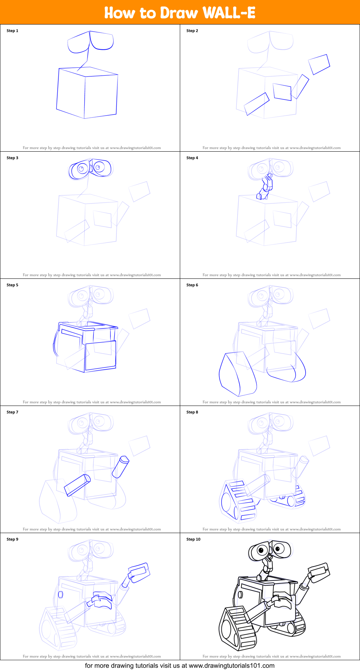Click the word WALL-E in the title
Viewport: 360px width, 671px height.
pyautogui.click(x=229, y=13)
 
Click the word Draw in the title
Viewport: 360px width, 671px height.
pyautogui.click(x=179, y=13)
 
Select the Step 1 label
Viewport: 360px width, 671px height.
pyautogui.click(x=12, y=31)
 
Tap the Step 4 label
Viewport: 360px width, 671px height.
pyautogui.click(x=192, y=158)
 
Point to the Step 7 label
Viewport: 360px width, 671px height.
pyautogui.click(x=12, y=412)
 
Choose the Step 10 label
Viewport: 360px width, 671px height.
pyautogui.click(x=193, y=539)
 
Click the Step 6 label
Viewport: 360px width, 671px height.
pyautogui.click(x=192, y=285)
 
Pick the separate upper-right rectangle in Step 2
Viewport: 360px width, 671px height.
pyautogui.click(x=319, y=64)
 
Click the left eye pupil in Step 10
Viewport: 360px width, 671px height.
pyautogui.click(x=261, y=550)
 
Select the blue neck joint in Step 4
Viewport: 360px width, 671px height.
pyautogui.click(x=265, y=186)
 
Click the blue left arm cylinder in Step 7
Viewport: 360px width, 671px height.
pyautogui.click(x=77, y=485)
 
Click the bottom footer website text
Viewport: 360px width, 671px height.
pyautogui.click(x=180, y=666)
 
